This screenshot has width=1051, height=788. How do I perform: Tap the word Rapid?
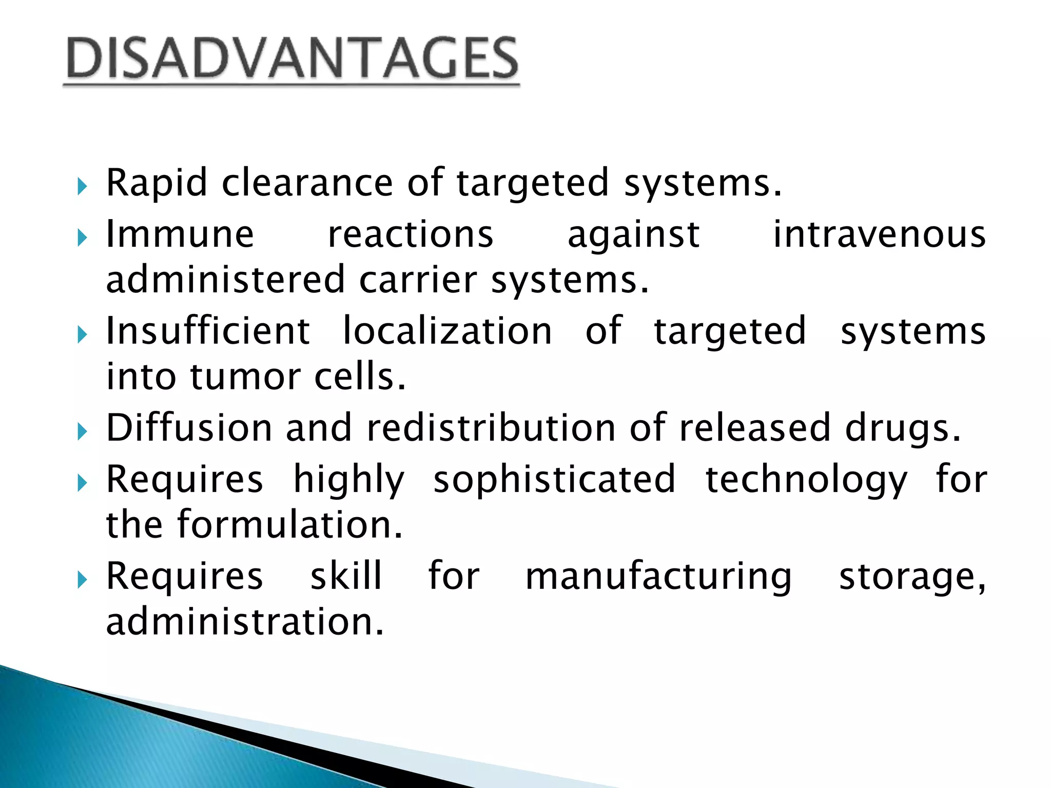(157, 183)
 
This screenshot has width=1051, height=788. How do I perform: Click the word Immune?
(180, 235)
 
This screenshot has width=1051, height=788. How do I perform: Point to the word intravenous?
(879, 235)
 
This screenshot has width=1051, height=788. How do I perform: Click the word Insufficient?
(208, 331)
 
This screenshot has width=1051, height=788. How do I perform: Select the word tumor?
(245, 377)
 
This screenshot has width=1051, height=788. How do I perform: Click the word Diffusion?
(189, 428)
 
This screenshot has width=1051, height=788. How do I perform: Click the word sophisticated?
(554, 480)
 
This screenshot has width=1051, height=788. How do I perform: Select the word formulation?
(290, 525)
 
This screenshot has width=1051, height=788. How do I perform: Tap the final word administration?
(245, 622)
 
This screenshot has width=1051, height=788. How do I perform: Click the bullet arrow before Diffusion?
(83, 432)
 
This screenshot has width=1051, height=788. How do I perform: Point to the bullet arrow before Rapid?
(83, 187)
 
